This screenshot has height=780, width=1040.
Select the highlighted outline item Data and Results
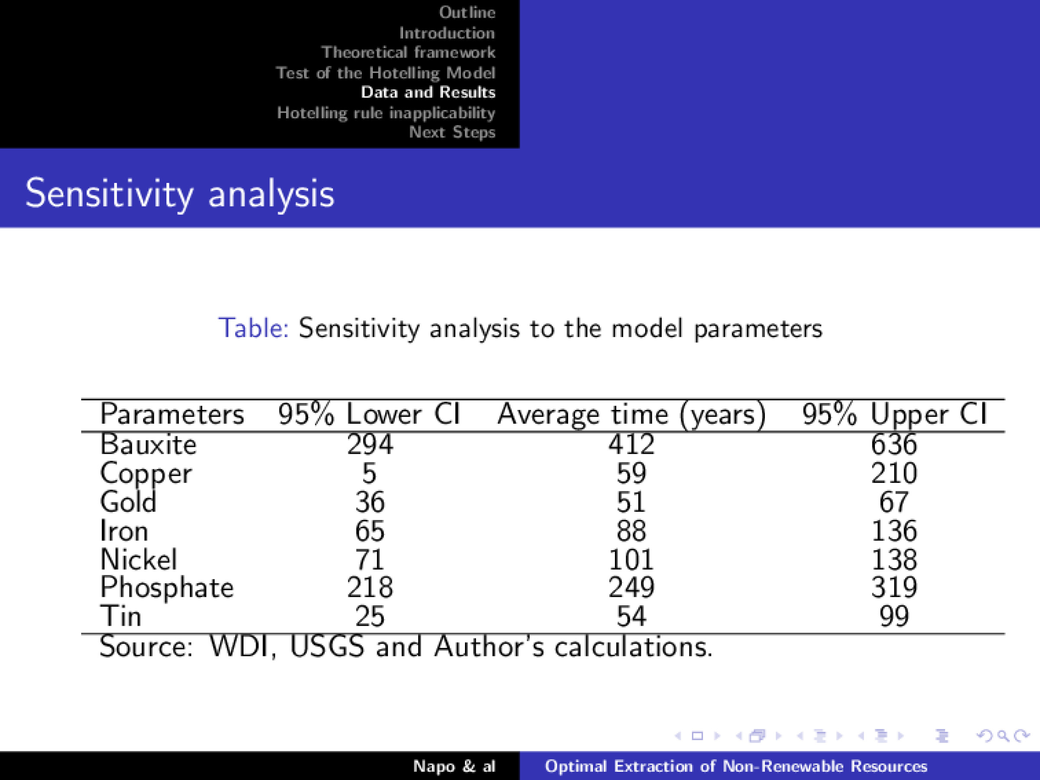428,92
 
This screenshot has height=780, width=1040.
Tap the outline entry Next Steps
452,132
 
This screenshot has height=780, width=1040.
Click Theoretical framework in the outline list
408,52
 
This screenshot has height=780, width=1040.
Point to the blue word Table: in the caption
253,328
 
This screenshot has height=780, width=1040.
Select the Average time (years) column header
631,415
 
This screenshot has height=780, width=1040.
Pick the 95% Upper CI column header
894,415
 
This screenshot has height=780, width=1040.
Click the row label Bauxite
148,444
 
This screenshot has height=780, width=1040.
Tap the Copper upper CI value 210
894,473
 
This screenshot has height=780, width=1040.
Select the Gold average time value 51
631,502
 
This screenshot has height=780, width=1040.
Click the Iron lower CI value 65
370,531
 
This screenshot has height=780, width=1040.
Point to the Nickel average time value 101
631,559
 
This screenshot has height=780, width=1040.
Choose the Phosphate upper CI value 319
894,588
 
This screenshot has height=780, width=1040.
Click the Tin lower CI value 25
370,616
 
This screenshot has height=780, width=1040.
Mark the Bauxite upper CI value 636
894,444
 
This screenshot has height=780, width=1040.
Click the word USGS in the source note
327,647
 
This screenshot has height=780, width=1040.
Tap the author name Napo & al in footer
454,767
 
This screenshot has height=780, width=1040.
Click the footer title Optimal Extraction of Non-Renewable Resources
736,767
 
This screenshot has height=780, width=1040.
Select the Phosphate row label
166,588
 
